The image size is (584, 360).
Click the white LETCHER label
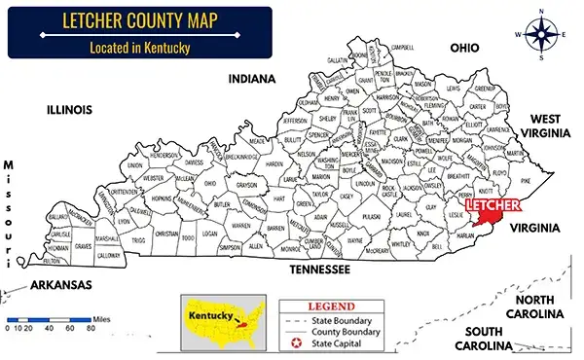click(x=492, y=206)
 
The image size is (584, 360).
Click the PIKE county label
click(x=526, y=181)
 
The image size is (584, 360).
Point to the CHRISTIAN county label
click(x=166, y=234)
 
